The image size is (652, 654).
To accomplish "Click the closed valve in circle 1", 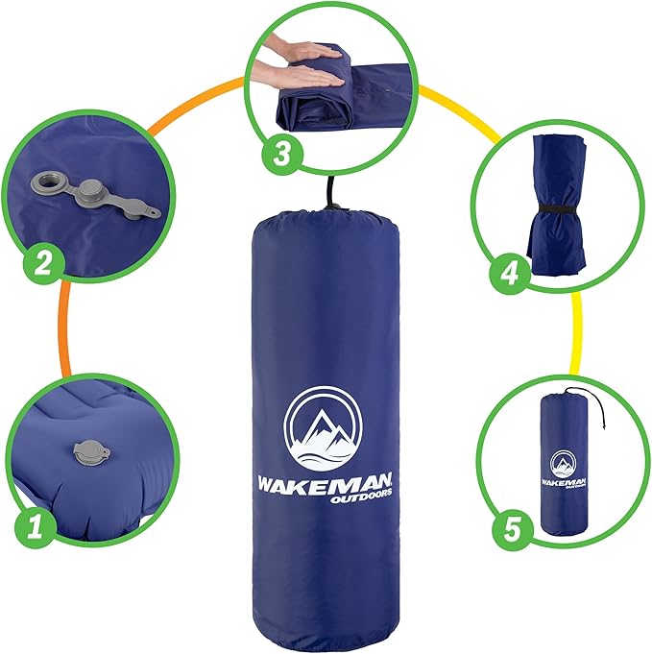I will pyautogui.click(x=91, y=448).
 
